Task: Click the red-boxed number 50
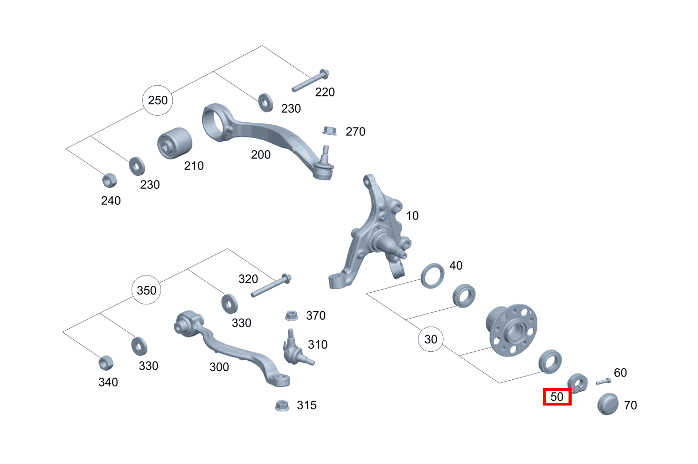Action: click(x=557, y=397)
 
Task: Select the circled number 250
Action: click(x=157, y=101)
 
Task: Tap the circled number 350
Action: click(x=146, y=290)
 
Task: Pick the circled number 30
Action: click(x=431, y=339)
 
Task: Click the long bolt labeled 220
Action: click(x=311, y=81)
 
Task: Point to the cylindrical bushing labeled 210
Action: click(x=175, y=143)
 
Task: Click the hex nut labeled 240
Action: click(x=109, y=180)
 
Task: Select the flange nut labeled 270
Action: click(x=330, y=131)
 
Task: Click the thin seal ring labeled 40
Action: click(x=433, y=276)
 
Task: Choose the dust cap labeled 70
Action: click(x=607, y=404)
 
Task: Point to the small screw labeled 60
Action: click(x=603, y=381)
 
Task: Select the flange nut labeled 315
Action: click(x=282, y=406)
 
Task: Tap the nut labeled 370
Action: click(x=291, y=315)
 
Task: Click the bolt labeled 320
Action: click(x=271, y=285)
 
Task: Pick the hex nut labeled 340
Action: click(x=106, y=363)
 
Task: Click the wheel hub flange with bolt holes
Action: click(x=512, y=330)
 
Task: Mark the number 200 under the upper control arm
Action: click(x=261, y=155)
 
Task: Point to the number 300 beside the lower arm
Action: click(x=219, y=367)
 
